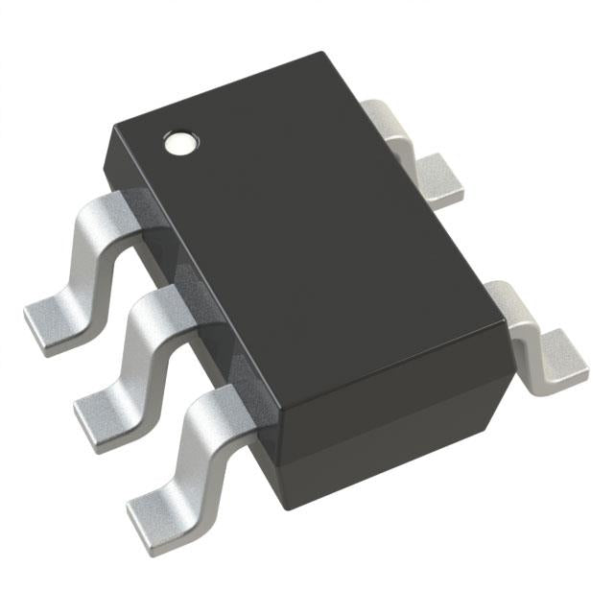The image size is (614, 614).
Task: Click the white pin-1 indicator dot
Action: click(179, 144)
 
